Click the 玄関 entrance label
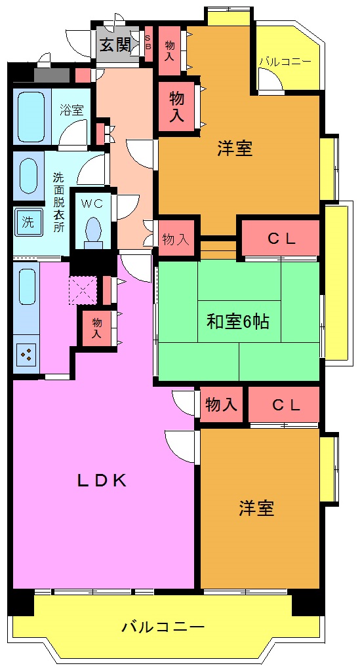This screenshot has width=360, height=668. pyautogui.click(x=115, y=45)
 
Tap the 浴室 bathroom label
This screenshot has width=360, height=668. pyautogui.click(x=71, y=109)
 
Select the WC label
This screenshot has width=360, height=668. pyautogui.click(x=92, y=203)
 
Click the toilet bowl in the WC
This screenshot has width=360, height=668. pyautogui.click(x=94, y=231)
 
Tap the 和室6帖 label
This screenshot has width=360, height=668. pyautogui.click(x=238, y=322)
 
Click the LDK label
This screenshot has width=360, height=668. pyautogui.click(x=102, y=481)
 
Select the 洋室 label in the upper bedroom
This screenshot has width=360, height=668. pyautogui.click(x=235, y=149)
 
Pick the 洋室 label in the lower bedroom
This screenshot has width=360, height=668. pyautogui.click(x=256, y=508)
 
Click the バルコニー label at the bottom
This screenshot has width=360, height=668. pyautogui.click(x=163, y=627)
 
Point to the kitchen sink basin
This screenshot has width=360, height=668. pyautogui.click(x=27, y=286)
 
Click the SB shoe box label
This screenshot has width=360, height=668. pyautogui.click(x=148, y=43)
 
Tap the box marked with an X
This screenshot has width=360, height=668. pyautogui.click(x=83, y=288)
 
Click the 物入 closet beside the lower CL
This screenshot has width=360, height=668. pyautogui.click(x=221, y=405)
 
